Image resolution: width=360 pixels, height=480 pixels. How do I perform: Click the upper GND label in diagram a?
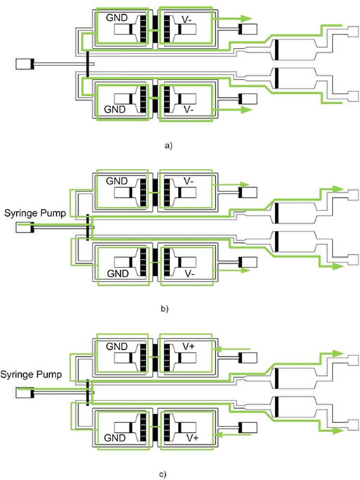click(117, 18)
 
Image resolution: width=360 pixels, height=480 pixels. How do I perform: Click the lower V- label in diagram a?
click(188, 109)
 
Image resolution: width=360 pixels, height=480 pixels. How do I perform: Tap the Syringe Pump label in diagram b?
click(35, 213)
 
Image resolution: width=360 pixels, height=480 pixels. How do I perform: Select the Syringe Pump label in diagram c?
click(31, 374)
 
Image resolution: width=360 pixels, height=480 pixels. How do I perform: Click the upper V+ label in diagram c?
click(189, 346)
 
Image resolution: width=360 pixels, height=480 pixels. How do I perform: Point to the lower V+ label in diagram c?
click(193, 438)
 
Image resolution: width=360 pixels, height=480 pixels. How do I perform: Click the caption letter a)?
click(169, 146)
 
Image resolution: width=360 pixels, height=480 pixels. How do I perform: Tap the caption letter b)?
click(165, 308)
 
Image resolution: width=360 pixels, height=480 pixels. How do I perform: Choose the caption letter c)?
click(163, 474)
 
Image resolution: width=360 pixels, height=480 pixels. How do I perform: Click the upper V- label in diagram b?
click(188, 181)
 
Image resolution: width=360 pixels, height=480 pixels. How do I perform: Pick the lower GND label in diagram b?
click(117, 273)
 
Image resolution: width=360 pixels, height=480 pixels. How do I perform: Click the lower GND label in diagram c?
click(115, 438)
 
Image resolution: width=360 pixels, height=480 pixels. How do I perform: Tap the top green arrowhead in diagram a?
click(245, 18)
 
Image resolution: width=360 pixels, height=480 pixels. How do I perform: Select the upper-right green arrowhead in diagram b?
click(338, 189)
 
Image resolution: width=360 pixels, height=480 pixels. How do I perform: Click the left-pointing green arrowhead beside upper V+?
click(219, 348)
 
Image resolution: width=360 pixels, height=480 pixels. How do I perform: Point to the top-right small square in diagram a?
click(354, 32)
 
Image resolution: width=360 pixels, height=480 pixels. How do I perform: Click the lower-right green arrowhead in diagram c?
click(338, 431)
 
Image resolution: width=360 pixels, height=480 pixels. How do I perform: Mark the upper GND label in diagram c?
click(117, 346)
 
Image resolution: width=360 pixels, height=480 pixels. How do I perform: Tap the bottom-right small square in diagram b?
click(354, 259)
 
